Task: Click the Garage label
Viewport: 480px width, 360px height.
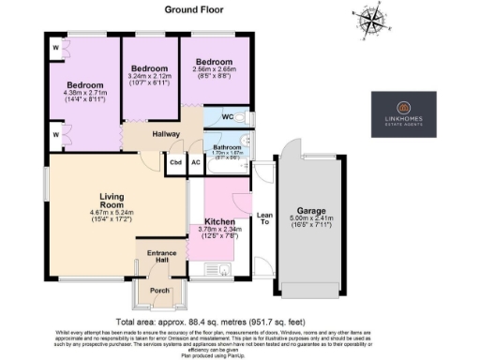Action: pos(310,211)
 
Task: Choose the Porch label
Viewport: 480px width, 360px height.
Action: pos(159,291)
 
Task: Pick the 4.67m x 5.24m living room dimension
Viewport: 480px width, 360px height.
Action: pos(112,214)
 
